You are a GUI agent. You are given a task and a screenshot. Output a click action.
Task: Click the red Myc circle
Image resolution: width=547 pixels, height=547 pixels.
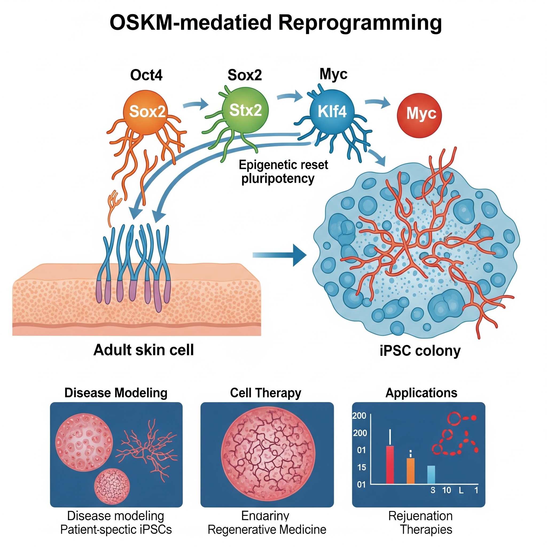(419, 114)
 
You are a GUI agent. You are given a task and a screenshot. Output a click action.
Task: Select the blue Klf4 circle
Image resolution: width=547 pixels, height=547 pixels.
(332, 111)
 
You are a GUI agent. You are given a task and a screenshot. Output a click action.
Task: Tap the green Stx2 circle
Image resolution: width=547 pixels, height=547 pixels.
(245, 110)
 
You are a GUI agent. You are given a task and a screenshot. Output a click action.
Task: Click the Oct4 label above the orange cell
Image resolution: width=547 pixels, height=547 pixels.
(146, 75)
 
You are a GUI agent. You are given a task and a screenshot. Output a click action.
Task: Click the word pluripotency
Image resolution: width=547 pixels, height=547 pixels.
(278, 179)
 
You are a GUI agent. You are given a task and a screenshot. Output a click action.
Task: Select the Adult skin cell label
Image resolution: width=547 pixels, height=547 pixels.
(143, 350)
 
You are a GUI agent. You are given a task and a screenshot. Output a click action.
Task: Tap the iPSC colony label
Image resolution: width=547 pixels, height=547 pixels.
(420, 350)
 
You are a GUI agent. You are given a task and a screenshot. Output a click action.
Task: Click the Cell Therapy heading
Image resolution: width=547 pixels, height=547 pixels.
(265, 393)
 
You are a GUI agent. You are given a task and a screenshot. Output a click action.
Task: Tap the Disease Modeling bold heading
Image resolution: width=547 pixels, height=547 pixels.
(116, 393)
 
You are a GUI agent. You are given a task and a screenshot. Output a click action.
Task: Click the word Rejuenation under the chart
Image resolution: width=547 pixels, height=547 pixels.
(420, 516)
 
